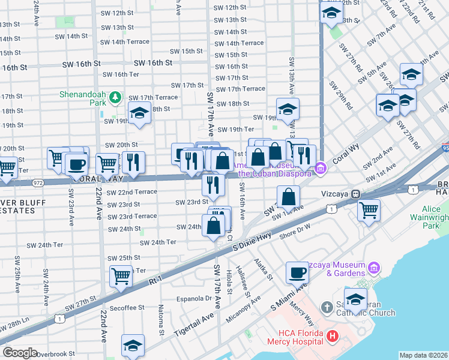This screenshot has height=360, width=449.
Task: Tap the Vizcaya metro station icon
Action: (x=355, y=194)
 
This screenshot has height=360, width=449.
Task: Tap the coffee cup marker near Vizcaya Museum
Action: (x=297, y=273)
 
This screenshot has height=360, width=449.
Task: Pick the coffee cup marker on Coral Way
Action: (x=77, y=163)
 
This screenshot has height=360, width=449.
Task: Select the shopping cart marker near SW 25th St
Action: (x=121, y=276)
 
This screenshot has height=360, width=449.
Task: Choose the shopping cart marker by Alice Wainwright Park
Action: (x=369, y=210)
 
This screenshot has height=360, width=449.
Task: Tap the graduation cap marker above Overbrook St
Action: (x=133, y=345)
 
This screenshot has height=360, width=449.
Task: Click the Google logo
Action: (x=20, y=353)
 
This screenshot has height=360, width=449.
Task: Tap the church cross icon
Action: (x=326, y=308)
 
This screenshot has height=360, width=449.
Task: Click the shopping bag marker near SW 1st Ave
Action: (x=289, y=196)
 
